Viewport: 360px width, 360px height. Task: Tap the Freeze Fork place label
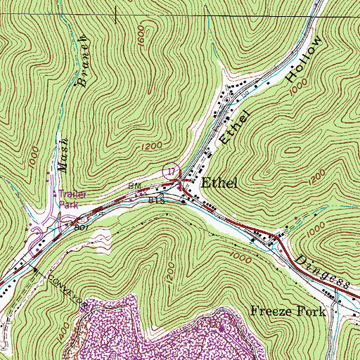[x=288, y=311]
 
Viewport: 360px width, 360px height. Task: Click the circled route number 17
[x=169, y=169]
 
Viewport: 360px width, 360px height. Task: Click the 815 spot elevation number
[x=155, y=200]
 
